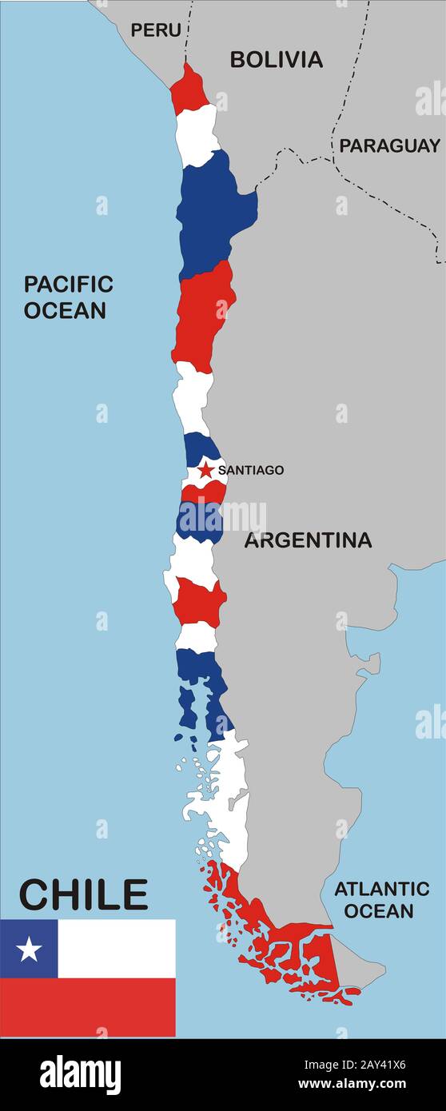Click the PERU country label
[x=156, y=30]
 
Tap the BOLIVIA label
[x=276, y=59]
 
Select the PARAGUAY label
[x=389, y=145]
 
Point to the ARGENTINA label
[x=308, y=540]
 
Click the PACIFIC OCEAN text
[x=68, y=297]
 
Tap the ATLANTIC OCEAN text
[x=381, y=899]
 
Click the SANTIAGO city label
[x=250, y=470]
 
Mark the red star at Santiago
[x=206, y=470]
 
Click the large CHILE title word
[x=83, y=895]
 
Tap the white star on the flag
[x=29, y=949]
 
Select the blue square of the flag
[x=29, y=949]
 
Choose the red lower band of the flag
[x=87, y=1007]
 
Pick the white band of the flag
[x=117, y=949]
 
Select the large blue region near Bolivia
[x=214, y=212]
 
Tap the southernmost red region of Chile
[x=288, y=951]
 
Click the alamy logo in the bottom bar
[x=81, y=1074]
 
